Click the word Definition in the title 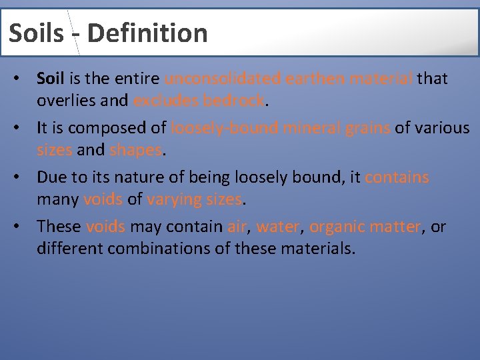147,33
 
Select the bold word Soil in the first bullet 51,79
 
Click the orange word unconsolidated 223,79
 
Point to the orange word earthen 313,79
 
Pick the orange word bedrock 235,101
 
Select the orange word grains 367,128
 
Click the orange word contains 397,177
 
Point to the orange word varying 175,199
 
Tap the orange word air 237,227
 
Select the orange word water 278,227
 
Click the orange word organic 337,227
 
